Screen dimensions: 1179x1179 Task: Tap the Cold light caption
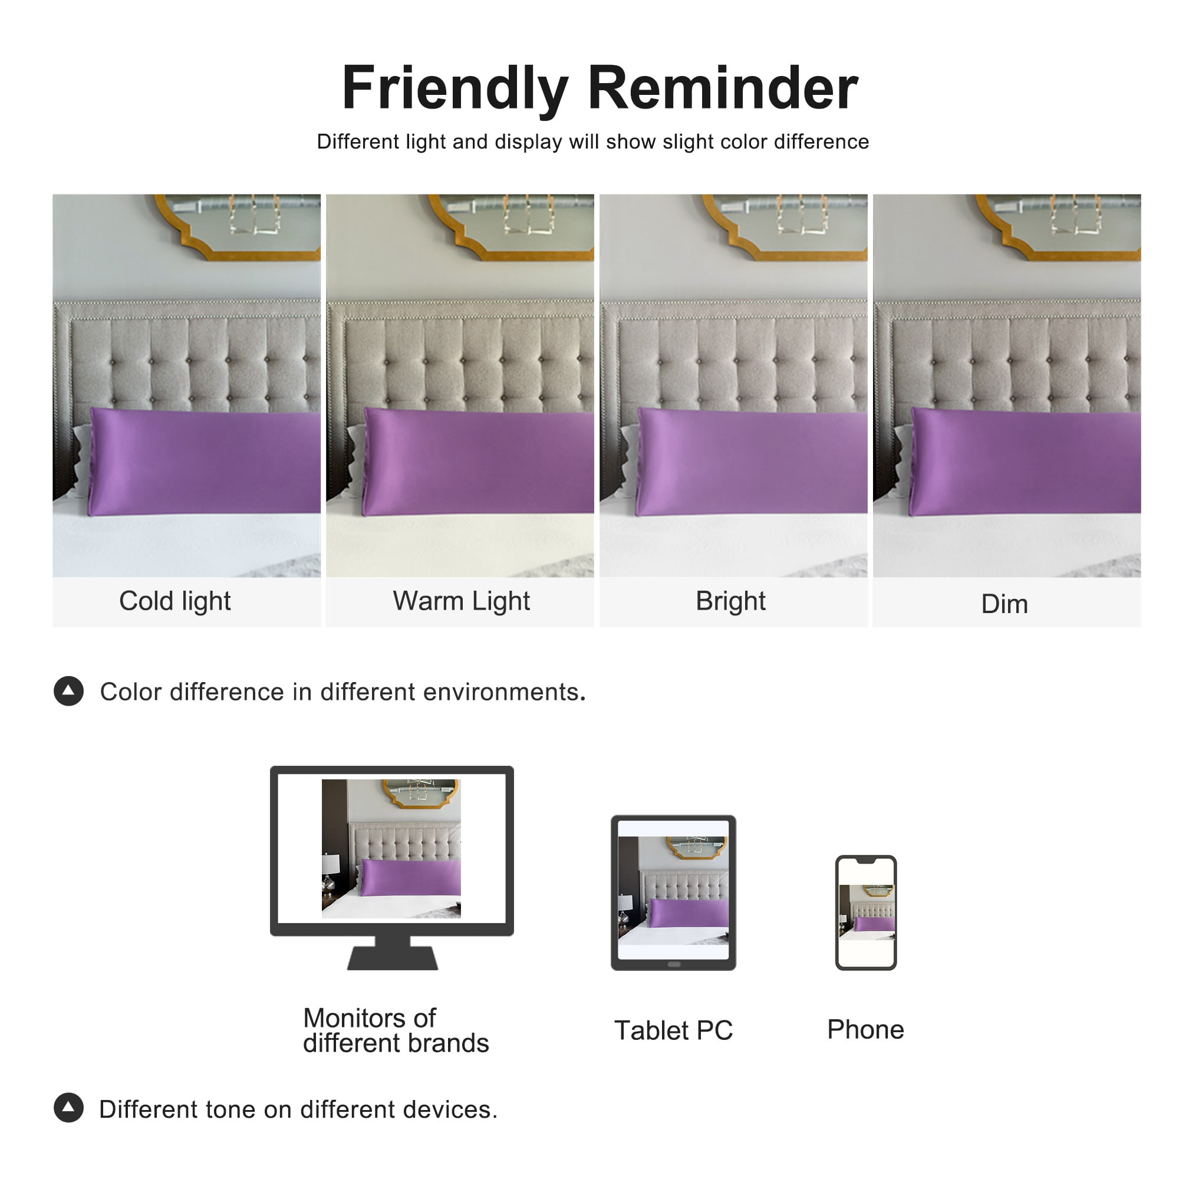tap(175, 602)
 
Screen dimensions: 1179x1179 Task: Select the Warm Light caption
tap(462, 602)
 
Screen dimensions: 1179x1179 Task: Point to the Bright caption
tap(730, 602)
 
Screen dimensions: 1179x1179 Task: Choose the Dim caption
tap(1005, 604)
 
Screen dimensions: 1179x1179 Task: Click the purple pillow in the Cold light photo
tap(205, 462)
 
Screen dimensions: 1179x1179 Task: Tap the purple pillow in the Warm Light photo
tap(479, 462)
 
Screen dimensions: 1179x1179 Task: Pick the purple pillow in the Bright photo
tap(752, 462)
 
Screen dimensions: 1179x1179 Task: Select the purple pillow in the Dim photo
tap(1025, 462)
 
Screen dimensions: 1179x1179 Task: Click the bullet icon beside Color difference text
tap(68, 691)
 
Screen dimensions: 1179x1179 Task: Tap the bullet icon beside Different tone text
tap(68, 1108)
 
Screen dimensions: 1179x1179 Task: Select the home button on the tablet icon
tap(674, 965)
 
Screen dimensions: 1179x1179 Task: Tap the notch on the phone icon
tap(866, 861)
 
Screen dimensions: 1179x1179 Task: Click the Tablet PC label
tap(673, 1030)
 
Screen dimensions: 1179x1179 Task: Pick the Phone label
tap(865, 1029)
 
